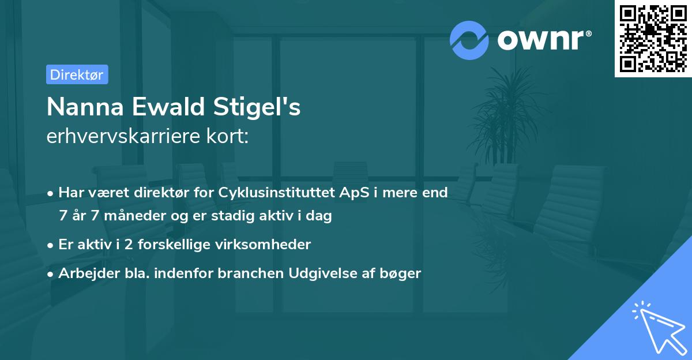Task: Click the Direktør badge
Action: coord(77,75)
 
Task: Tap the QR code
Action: coord(653,39)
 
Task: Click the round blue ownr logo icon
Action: coord(469,40)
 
